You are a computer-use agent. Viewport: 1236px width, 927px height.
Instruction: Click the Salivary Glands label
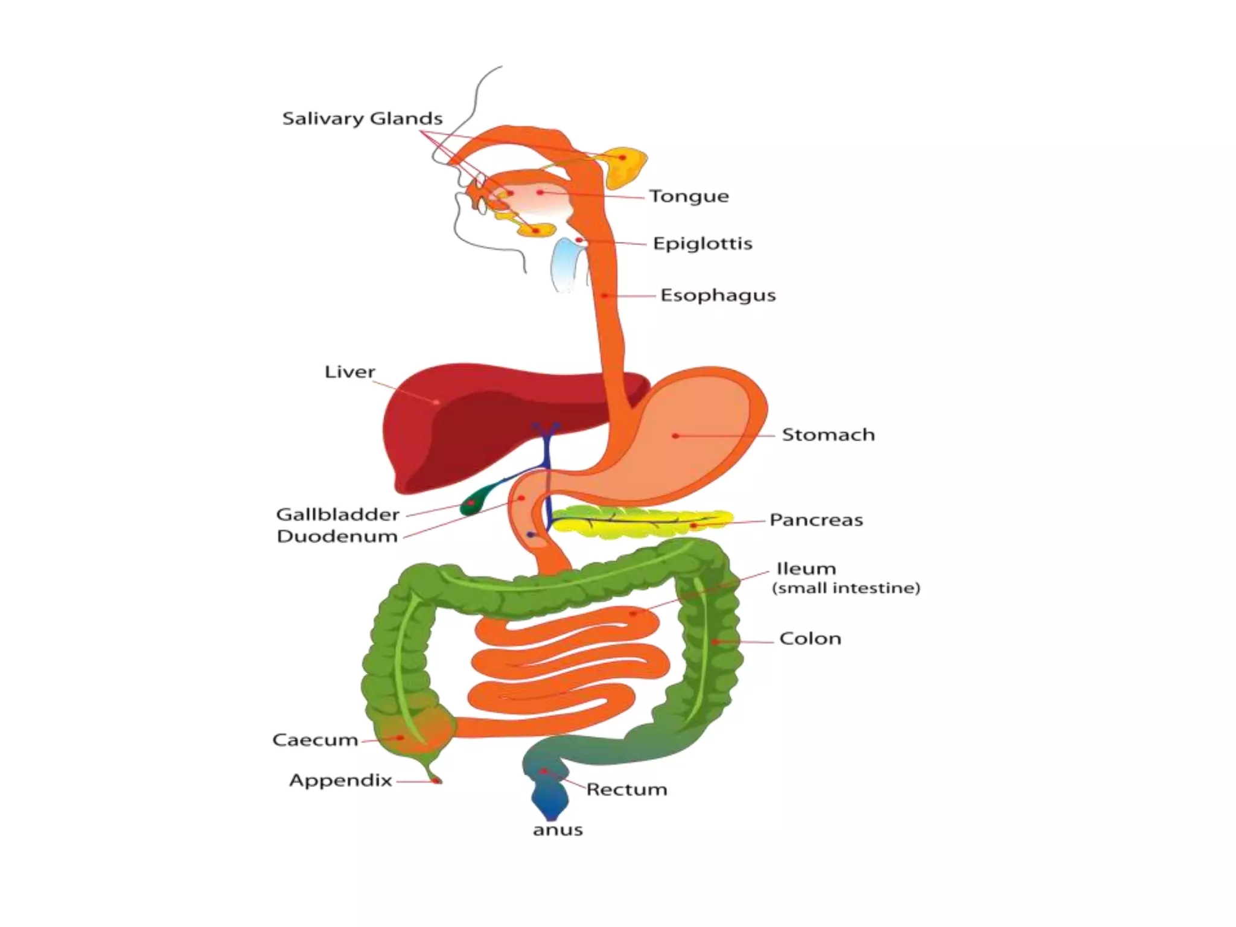click(362, 119)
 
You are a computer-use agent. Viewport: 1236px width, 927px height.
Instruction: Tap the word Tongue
click(689, 197)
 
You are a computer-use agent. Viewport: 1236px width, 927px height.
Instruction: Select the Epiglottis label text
click(702, 244)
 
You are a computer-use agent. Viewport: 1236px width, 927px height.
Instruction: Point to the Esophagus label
click(718, 296)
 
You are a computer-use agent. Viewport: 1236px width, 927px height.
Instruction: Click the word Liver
click(349, 372)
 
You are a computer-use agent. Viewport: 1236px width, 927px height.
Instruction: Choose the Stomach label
click(828, 435)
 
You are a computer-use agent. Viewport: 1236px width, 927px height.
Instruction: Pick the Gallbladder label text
click(338, 515)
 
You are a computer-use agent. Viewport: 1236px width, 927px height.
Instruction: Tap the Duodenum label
click(337, 537)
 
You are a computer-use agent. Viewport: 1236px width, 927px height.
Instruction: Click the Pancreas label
click(816, 520)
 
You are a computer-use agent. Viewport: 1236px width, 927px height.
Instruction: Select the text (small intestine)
click(846, 588)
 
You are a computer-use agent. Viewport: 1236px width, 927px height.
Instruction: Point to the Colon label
click(810, 639)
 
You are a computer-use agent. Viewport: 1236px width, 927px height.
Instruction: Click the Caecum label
click(315, 741)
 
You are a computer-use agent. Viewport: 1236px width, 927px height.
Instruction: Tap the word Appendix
click(340, 781)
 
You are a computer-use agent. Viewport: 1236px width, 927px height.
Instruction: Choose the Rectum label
click(626, 790)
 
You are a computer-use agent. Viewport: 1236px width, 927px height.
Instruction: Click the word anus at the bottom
click(558, 830)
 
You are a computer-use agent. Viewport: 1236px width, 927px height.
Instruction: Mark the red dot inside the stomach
click(675, 436)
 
